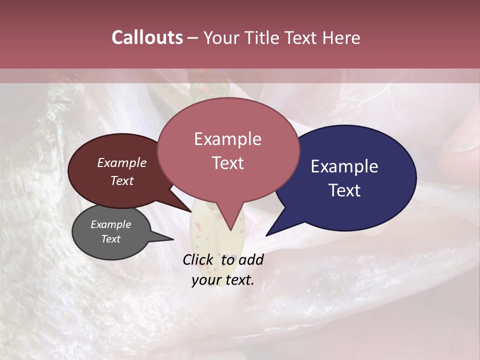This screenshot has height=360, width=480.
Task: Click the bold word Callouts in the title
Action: click(147, 37)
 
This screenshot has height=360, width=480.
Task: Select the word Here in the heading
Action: click(341, 37)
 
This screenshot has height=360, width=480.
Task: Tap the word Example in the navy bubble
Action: click(344, 166)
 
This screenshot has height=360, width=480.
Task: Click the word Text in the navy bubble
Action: click(344, 190)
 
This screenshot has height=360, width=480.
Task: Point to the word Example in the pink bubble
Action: click(227, 139)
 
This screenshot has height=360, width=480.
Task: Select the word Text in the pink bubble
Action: click(227, 163)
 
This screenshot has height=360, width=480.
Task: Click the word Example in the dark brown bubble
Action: click(122, 162)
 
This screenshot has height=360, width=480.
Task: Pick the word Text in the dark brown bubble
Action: click(122, 180)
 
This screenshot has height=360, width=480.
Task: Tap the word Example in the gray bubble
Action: click(111, 224)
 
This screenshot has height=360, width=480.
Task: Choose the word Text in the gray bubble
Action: click(111, 239)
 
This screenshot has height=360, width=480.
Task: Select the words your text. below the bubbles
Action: click(223, 280)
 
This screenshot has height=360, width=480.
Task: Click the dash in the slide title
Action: click(193, 38)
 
